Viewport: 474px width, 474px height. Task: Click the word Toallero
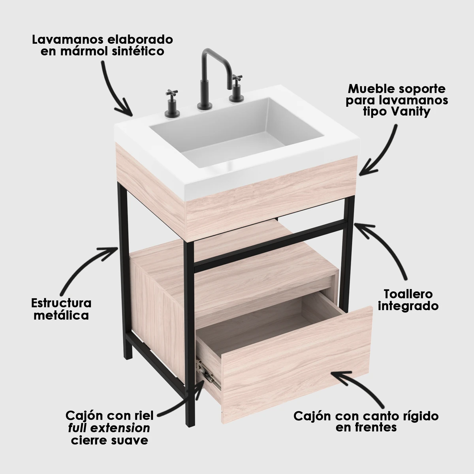pyautogui.click(x=408, y=294)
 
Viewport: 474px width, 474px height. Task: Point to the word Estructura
pyautogui.click(x=61, y=303)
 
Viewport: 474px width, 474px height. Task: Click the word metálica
pyautogui.click(x=61, y=315)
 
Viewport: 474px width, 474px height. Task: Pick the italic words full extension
pyautogui.click(x=109, y=428)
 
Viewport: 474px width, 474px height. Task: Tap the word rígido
pyautogui.click(x=418, y=416)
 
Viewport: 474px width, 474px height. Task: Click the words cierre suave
pyautogui.click(x=109, y=440)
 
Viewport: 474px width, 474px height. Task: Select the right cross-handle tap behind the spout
pyautogui.click(x=236, y=88)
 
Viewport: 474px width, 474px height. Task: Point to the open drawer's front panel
pyautogui.click(x=296, y=365)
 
